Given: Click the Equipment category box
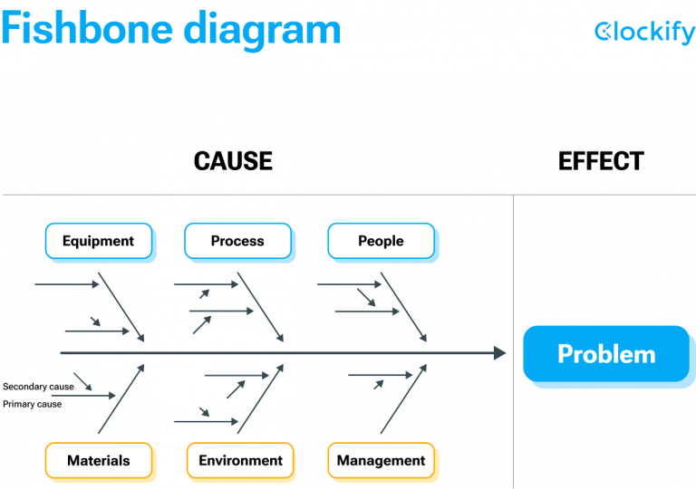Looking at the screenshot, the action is (99, 241).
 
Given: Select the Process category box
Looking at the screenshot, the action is (238, 241).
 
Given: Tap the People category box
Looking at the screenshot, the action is (381, 241).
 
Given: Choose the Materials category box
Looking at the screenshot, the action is (99, 461).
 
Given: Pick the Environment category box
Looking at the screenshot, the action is (240, 461).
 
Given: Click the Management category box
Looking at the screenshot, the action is (381, 461).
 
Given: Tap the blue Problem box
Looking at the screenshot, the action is (606, 354).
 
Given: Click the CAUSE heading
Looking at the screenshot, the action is (233, 161).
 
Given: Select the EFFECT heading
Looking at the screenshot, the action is (601, 161).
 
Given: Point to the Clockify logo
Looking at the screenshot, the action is (644, 32).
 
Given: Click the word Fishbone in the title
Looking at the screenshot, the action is (87, 29).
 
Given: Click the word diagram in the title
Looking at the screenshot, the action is (262, 31).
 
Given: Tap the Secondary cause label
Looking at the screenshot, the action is (38, 387).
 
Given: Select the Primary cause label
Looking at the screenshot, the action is (32, 404).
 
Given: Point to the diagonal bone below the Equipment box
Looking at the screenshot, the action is (121, 307).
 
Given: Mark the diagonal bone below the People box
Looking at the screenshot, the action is (403, 307).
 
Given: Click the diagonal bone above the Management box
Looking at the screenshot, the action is (403, 399).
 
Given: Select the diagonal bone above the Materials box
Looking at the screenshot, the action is (121, 399).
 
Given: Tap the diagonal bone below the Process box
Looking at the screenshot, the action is (260, 307).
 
